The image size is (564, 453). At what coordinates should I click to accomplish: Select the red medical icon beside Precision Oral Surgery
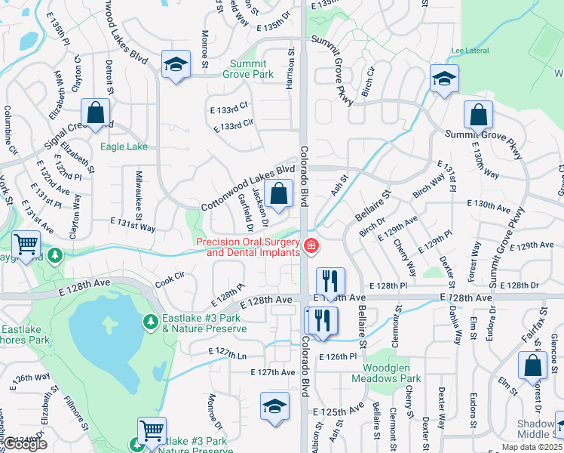point(310,245)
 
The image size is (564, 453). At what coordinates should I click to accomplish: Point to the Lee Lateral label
point(467,51)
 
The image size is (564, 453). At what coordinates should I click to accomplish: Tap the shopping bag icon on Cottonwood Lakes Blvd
point(279,193)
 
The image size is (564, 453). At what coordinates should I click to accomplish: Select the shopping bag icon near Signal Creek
point(97,113)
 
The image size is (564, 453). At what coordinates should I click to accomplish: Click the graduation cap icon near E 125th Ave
point(274,405)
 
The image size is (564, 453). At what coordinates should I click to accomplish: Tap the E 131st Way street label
point(133,227)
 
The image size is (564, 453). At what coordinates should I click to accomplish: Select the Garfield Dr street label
point(244,211)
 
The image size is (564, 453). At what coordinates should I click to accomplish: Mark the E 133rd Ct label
point(228,109)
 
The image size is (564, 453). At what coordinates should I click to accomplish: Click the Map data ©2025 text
point(532,447)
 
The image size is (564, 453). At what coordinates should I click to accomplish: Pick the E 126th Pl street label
point(336,356)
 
